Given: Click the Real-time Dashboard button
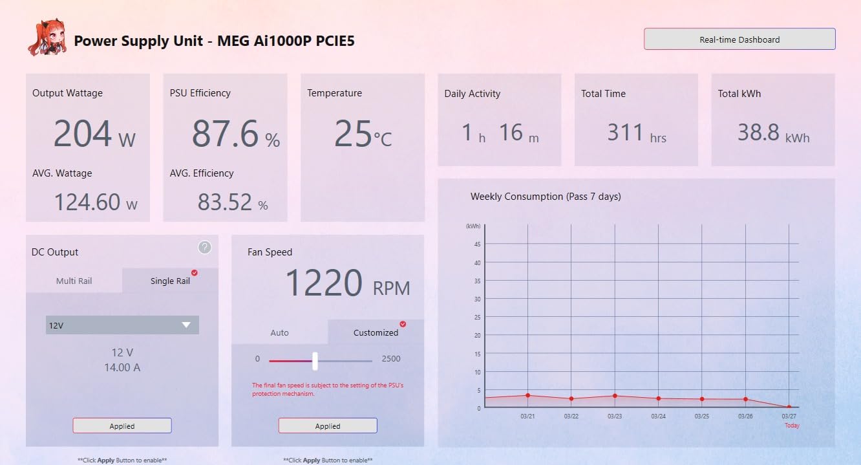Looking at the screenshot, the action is click(x=739, y=39).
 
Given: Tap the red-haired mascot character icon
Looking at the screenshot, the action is click(x=47, y=38).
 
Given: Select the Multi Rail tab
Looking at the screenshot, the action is click(x=74, y=281).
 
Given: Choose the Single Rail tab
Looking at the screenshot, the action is click(x=170, y=281).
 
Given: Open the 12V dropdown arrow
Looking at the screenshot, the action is click(x=186, y=325).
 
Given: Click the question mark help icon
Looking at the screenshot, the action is click(x=204, y=247).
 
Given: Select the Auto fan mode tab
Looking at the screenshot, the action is click(x=279, y=332).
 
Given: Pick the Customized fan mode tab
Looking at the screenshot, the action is click(x=376, y=332).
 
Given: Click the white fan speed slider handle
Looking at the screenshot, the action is click(x=315, y=361).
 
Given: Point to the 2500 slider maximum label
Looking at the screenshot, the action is click(x=391, y=358).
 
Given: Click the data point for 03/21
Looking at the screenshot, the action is click(x=527, y=395).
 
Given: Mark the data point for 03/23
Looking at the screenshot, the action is click(x=615, y=396).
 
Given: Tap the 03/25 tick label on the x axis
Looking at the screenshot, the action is click(x=702, y=416).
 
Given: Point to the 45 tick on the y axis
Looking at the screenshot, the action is click(x=478, y=244).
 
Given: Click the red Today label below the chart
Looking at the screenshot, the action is click(x=792, y=426).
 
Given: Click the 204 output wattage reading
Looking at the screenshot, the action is click(x=83, y=133).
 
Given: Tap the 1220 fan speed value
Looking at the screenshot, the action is click(x=324, y=283).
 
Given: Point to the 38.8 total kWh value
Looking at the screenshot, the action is click(x=758, y=133).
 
